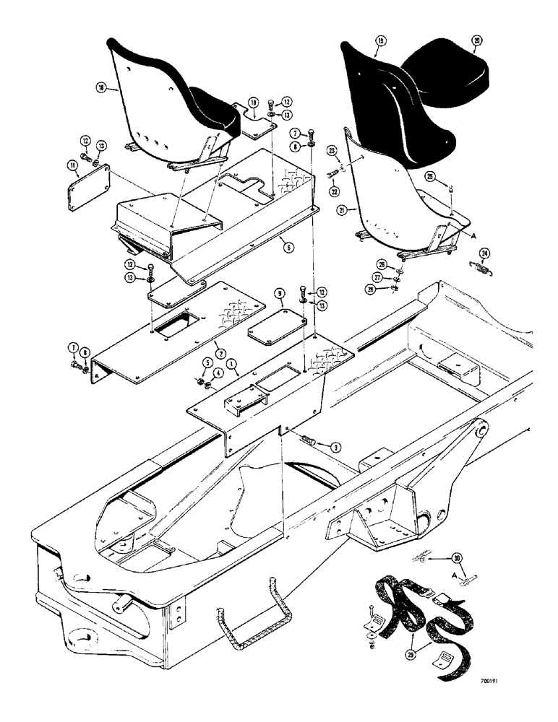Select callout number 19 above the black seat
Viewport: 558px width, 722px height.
pos(380,43)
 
